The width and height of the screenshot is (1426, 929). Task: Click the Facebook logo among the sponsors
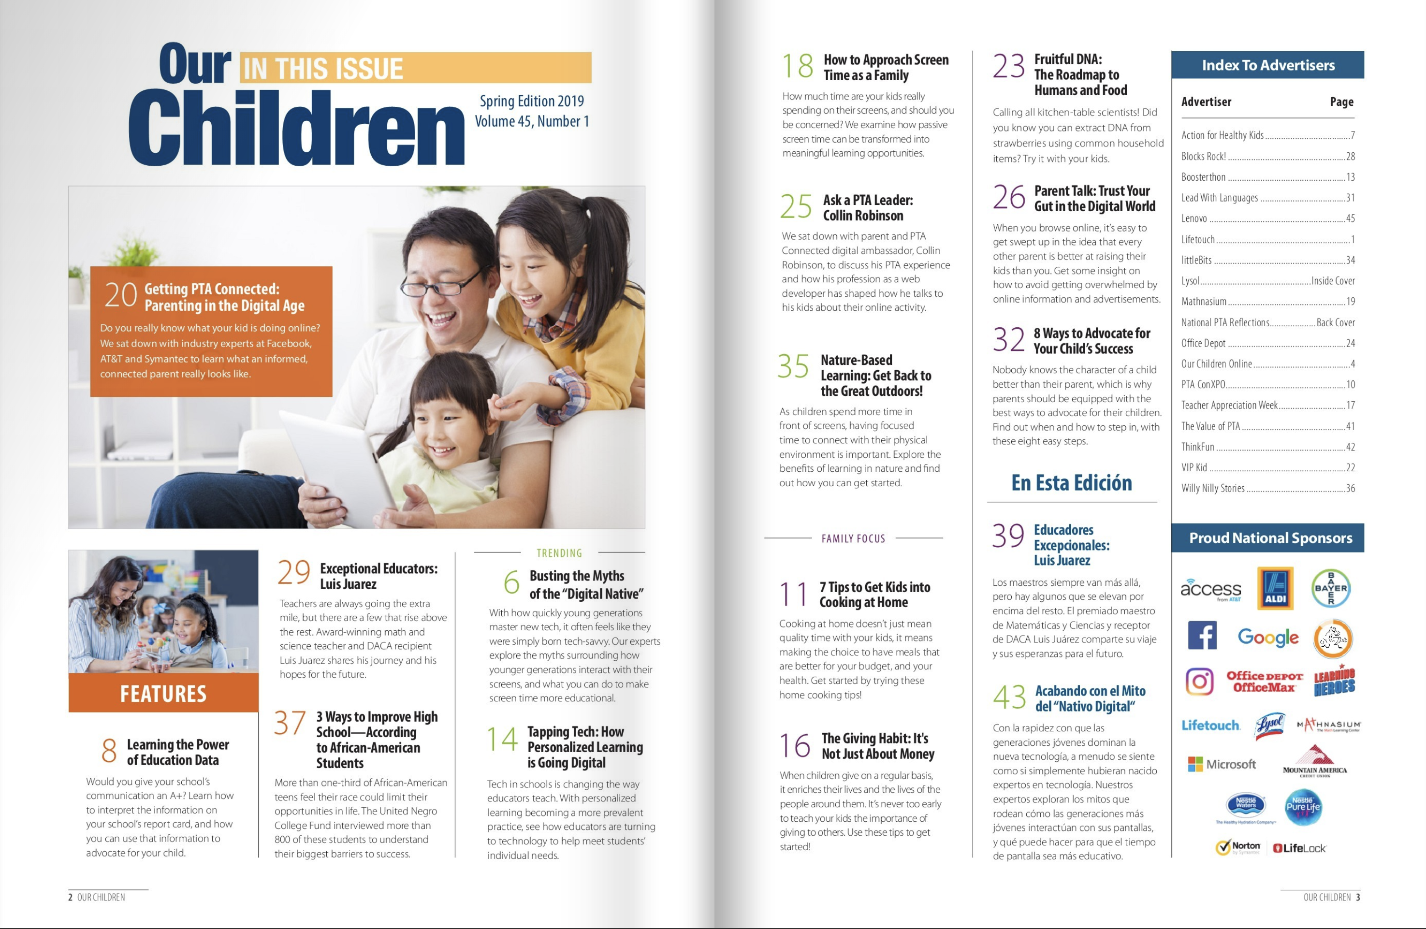click(1202, 636)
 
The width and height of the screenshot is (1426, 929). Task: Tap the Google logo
click(1268, 638)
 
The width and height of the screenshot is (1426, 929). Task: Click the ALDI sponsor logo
click(1275, 588)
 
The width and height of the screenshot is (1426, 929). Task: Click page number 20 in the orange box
click(121, 295)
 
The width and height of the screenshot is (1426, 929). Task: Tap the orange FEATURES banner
click(163, 693)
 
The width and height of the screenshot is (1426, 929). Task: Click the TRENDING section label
click(559, 553)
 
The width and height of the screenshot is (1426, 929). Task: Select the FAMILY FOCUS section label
click(853, 538)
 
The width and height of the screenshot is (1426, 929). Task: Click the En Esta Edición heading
click(1071, 483)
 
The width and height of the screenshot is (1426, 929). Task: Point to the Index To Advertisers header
click(1268, 65)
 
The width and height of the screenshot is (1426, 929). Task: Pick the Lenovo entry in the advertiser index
click(1194, 218)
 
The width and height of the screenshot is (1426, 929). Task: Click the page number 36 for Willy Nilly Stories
click(1350, 488)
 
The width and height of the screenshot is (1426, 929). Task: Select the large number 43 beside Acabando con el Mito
click(1009, 697)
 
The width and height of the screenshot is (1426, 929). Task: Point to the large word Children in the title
click(297, 129)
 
